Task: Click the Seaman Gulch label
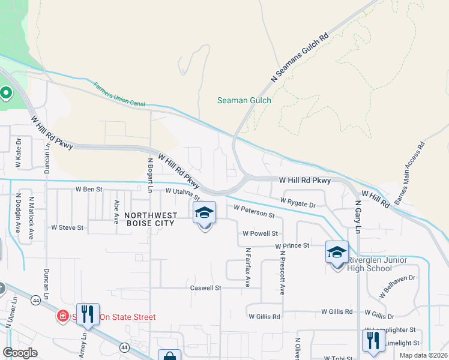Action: tap(244, 100)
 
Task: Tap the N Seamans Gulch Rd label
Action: tap(301, 58)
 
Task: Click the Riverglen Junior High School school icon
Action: tap(337, 251)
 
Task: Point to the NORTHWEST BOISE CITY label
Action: tap(151, 220)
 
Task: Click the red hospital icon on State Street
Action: tap(62, 316)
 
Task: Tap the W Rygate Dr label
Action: tap(298, 202)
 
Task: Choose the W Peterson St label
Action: tap(254, 211)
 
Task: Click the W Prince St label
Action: tap(292, 245)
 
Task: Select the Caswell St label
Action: tap(206, 288)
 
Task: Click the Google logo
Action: tap(20, 353)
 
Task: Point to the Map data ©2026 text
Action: tap(423, 355)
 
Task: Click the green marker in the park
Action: tap(6, 93)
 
